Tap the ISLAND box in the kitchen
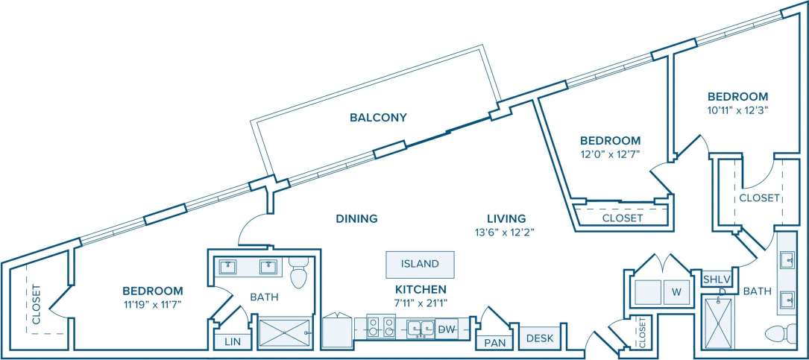420,264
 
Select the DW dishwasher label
447,328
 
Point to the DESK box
540,338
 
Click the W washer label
676,292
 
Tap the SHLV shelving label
717,279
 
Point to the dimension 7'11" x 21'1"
421,303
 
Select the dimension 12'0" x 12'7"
611,154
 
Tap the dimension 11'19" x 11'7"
152,304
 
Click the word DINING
356,218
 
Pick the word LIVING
506,218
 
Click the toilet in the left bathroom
300,274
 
